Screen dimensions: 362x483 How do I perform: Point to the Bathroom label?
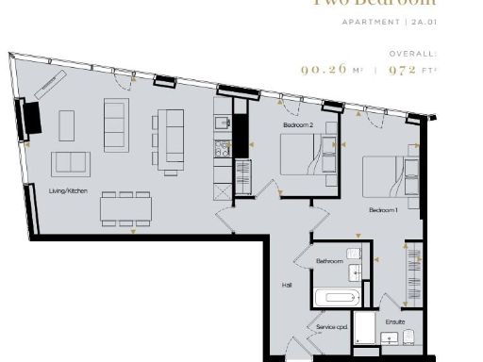click(329, 261)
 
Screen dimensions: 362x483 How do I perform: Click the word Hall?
click(287, 284)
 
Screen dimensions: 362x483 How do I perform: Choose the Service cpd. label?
click(332, 327)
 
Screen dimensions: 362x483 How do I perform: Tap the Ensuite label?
click(394, 321)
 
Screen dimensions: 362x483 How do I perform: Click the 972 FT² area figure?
click(415, 69)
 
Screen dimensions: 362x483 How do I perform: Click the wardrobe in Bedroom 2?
click(241, 176)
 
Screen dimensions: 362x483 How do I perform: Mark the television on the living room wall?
click(30, 118)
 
